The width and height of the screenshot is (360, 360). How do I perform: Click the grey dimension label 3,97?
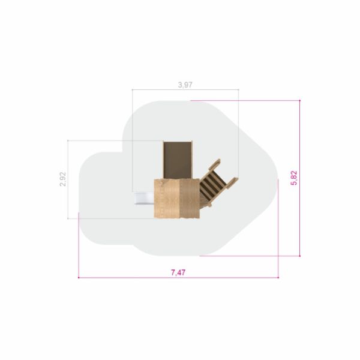[185, 85]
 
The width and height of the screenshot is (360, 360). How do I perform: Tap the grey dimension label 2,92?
[62, 179]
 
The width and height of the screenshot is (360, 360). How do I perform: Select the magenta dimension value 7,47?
[178, 272]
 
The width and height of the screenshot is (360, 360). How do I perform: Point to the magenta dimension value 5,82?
[294, 178]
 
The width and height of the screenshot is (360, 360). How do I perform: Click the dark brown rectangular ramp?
[177, 160]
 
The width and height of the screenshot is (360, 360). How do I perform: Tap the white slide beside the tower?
[144, 198]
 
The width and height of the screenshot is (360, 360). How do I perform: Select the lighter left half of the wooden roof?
[166, 199]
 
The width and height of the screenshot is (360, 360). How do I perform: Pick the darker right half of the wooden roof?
[190, 199]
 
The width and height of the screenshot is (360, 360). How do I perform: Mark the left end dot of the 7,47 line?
[79, 278]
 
